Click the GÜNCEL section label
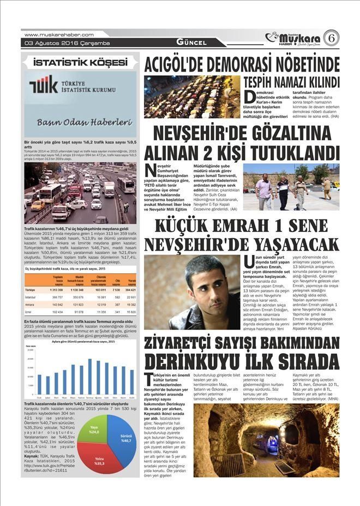[x=190, y=43]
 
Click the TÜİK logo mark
[x=43, y=85]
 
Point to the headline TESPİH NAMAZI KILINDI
[x=291, y=82]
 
